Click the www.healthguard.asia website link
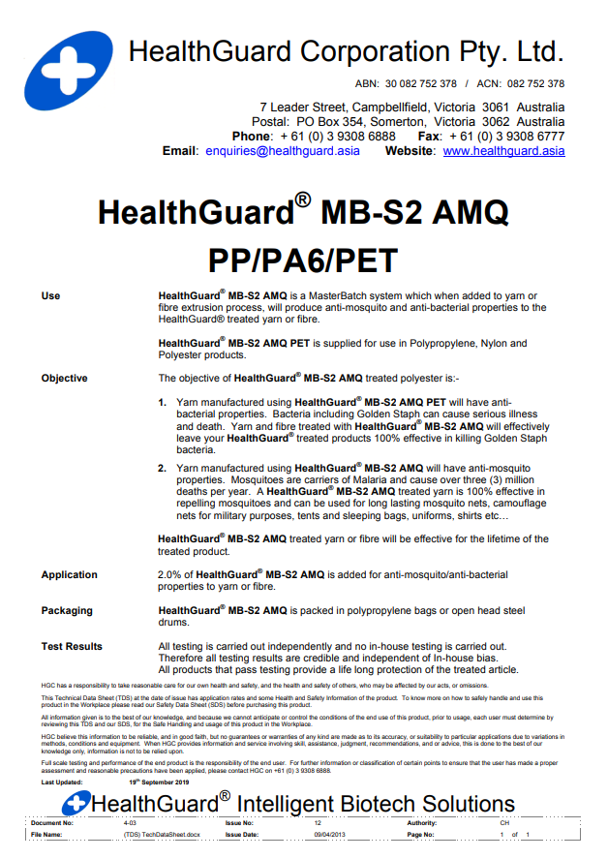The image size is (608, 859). coord(503,151)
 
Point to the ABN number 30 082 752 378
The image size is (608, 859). coord(420,84)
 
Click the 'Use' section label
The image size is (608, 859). coord(50,295)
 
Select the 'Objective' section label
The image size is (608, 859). coord(64,379)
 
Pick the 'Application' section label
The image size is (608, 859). coord(69,575)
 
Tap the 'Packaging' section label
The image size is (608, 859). coord(67,611)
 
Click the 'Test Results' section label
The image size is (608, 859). coord(72,646)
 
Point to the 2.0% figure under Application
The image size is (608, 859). coord(170,575)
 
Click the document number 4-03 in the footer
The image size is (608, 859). coord(131,821)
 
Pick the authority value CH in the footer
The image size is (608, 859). coord(504,821)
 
